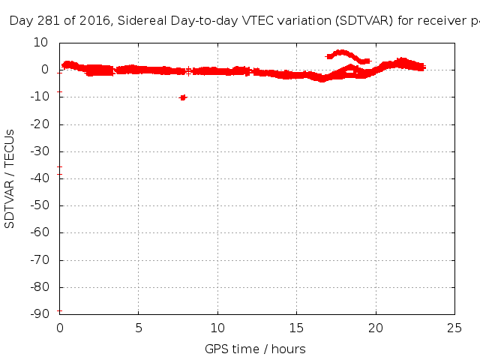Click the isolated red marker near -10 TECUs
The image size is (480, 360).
[x=183, y=97]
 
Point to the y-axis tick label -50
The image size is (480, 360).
[x=41, y=206]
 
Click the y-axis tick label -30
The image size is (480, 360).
[x=41, y=151]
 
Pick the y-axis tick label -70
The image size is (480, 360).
[x=41, y=260]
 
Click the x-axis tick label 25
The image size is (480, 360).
[x=454, y=328]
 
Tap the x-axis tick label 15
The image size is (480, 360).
[x=296, y=328]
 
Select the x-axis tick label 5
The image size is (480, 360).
[x=139, y=328]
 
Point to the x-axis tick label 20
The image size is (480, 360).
[x=376, y=328]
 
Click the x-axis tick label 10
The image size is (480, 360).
[x=217, y=328]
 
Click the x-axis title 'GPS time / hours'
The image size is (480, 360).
[x=255, y=349]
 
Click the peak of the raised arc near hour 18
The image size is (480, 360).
[x=342, y=52]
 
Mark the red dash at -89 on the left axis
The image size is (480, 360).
[x=59, y=310]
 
